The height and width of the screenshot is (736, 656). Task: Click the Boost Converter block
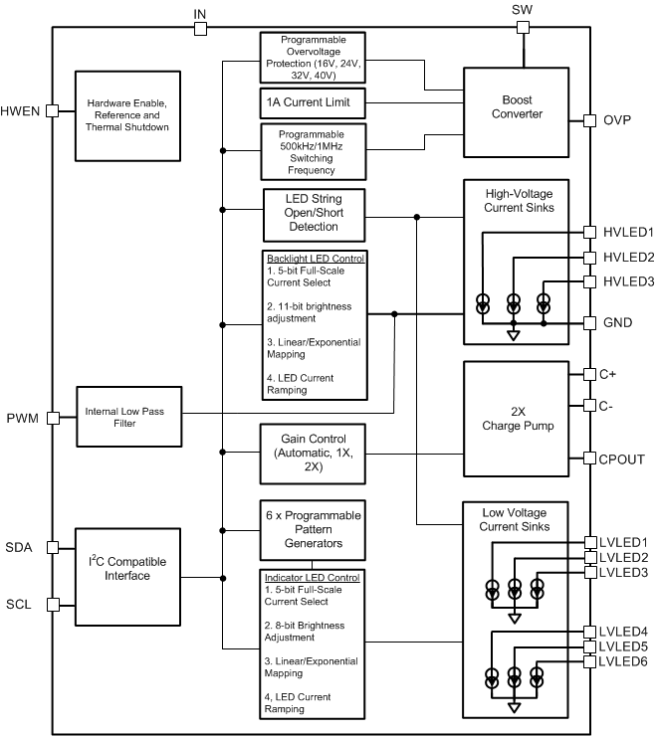(521, 107)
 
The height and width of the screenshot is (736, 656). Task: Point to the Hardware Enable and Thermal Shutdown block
(128, 113)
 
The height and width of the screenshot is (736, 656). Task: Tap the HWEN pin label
(22, 111)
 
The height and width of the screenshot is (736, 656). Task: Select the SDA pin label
(20, 548)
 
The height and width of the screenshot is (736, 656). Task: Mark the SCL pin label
(20, 604)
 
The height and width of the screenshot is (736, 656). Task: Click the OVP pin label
(618, 120)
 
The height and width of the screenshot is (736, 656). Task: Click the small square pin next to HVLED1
(589, 233)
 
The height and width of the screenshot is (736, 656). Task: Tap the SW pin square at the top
(522, 28)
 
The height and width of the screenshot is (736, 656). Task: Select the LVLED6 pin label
(624, 660)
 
